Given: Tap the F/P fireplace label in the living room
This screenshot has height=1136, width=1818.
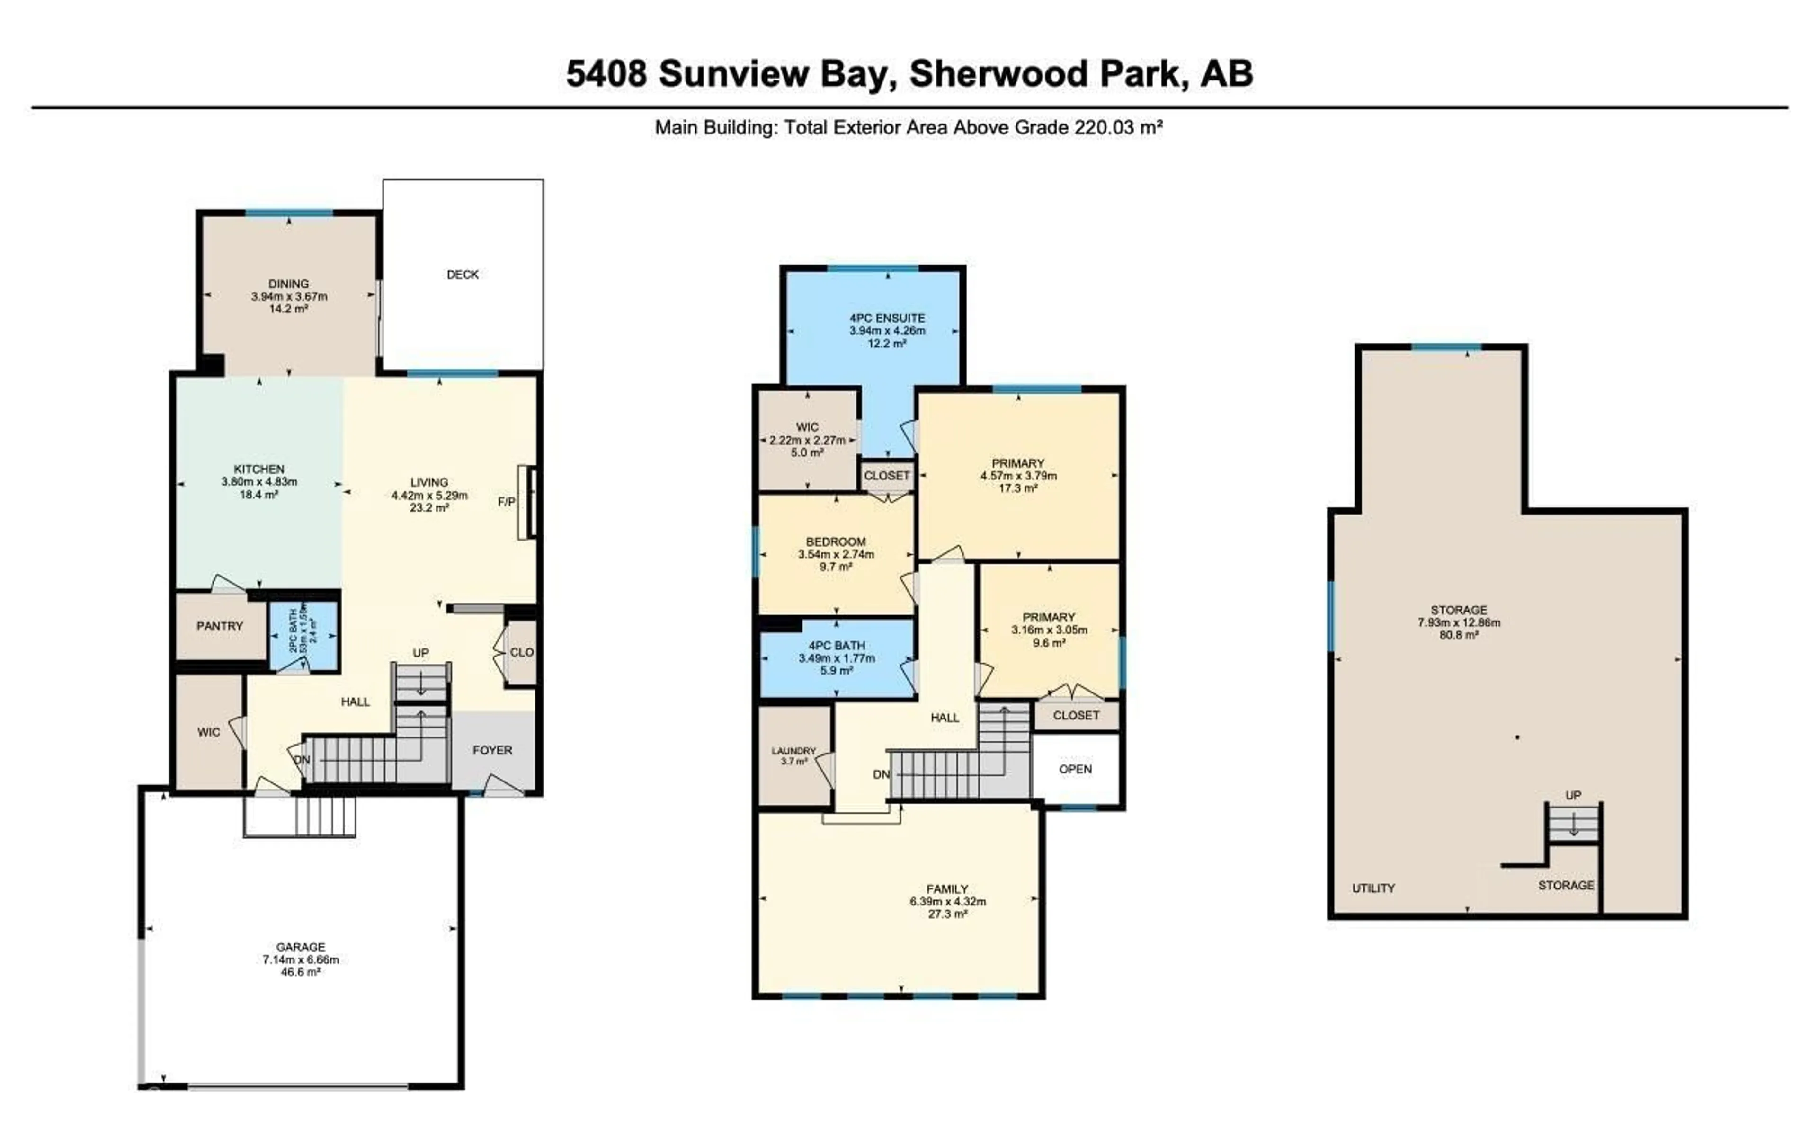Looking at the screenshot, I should point(506,502).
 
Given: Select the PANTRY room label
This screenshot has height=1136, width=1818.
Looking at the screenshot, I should point(219,626).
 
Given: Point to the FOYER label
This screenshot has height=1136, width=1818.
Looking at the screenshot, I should point(492,750).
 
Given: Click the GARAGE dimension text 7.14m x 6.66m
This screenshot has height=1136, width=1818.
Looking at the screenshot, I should point(301,959).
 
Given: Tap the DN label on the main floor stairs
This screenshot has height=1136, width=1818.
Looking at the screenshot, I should point(301,760).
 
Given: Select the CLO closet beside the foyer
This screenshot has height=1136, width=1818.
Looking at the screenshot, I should point(521,652).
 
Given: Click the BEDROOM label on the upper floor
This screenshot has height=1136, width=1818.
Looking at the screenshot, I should point(835,541).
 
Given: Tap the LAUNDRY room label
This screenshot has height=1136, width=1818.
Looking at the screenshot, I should point(793,751).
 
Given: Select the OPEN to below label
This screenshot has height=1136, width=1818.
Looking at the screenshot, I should point(1075,769).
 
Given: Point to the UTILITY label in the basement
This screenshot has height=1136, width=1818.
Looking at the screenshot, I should point(1373,888).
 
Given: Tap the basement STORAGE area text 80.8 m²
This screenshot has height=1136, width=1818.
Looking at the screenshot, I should point(1458,635).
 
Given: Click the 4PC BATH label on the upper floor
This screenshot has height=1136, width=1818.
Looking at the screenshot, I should point(836,645).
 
